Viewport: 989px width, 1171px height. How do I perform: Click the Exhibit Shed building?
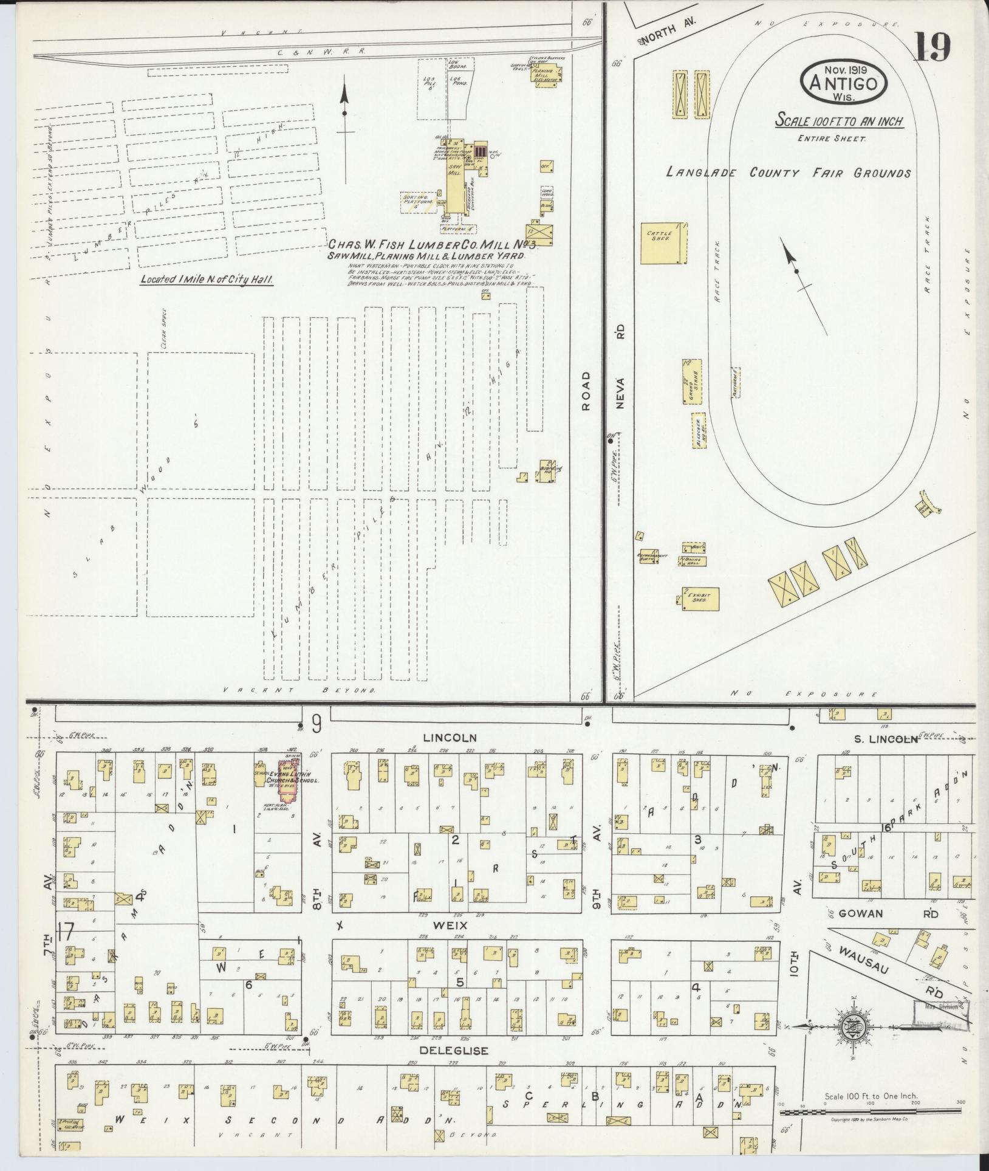click(x=700, y=599)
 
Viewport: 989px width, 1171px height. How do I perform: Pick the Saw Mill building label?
click(x=452, y=172)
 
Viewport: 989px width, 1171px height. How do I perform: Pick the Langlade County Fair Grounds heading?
click(x=789, y=173)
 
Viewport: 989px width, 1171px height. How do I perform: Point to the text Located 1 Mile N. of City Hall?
click(x=205, y=280)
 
